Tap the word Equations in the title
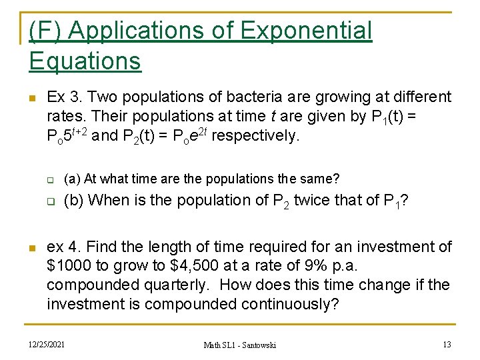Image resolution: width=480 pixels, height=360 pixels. (x=85, y=61)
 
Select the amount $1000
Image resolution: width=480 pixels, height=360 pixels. (x=70, y=266)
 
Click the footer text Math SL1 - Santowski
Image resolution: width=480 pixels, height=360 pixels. (x=239, y=345)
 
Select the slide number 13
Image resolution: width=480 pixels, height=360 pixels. (x=447, y=344)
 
